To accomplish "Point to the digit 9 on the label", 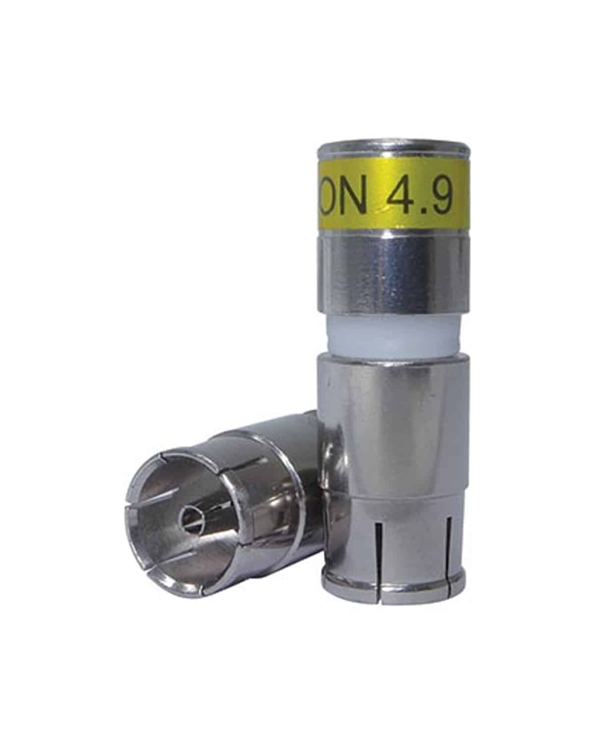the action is pos(441,200).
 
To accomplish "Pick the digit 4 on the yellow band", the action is pos(400,200).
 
